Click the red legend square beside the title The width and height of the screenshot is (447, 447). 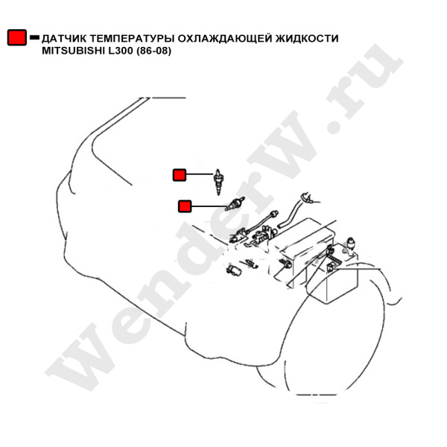coord(17,37)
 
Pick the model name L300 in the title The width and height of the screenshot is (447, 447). coord(119,51)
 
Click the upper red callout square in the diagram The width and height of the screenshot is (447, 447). coord(180,175)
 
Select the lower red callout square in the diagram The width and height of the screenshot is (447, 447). coord(185,206)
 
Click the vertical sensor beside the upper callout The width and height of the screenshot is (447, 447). coord(218,182)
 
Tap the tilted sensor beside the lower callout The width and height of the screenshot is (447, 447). coord(235,203)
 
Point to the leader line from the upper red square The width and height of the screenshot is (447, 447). coord(200,174)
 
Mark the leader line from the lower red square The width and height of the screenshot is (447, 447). coord(209,206)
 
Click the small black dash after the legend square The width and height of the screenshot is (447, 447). coord(34,37)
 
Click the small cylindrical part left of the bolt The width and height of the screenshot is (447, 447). coord(234,270)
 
